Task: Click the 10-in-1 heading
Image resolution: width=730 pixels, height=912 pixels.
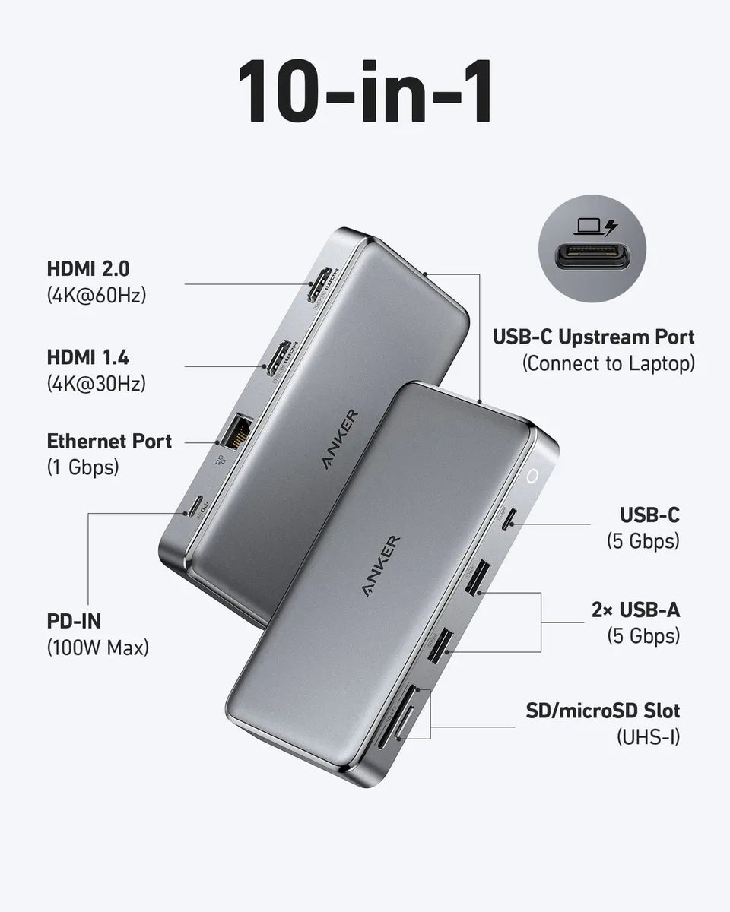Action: click(364, 93)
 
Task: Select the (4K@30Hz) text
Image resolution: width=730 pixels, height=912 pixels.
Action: click(96, 384)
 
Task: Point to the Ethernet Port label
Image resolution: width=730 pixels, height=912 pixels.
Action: click(109, 441)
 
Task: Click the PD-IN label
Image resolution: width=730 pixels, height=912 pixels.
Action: click(74, 621)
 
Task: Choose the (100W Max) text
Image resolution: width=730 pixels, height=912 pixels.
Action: click(97, 648)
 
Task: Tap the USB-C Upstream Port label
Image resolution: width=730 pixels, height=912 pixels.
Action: click(593, 337)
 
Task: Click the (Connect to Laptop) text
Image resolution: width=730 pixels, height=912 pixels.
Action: click(608, 363)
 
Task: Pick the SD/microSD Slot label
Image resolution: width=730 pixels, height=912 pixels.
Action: click(602, 711)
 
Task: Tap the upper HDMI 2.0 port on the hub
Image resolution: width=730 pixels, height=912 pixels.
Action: click(320, 287)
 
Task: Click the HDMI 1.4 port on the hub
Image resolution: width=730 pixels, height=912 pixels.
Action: click(278, 359)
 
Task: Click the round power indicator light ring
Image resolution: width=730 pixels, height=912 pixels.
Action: click(533, 476)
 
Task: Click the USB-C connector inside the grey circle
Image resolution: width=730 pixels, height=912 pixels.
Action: click(592, 259)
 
